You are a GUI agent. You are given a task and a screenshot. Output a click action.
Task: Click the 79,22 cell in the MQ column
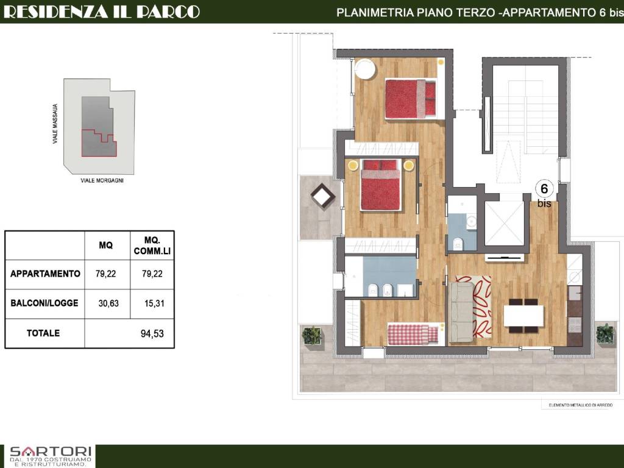[106, 274]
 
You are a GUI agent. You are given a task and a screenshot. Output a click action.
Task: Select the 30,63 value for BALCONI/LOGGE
[108, 303]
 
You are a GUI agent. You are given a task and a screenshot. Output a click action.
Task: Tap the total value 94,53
[152, 333]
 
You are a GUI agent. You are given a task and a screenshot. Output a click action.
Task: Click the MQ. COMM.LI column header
[152, 246]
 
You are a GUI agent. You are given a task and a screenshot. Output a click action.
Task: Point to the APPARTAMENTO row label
[45, 274]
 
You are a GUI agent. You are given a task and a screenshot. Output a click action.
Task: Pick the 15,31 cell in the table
[154, 303]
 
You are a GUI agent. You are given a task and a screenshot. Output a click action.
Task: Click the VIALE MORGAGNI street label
[102, 180]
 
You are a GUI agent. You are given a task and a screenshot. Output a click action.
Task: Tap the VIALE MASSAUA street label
[55, 124]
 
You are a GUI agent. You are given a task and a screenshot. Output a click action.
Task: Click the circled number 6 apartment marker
[544, 188]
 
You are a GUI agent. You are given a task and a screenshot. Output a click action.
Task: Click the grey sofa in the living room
[462, 312]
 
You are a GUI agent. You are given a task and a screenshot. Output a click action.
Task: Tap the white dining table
[523, 316]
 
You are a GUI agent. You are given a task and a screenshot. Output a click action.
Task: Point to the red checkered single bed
[413, 335]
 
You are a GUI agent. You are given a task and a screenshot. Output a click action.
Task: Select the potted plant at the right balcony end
[605, 333]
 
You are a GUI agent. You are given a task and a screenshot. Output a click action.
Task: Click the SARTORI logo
[51, 456]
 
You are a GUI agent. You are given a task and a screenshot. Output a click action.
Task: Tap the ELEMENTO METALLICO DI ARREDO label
[581, 405]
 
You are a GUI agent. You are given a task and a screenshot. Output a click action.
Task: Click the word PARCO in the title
[168, 12]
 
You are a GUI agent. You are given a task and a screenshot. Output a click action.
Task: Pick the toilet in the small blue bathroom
[458, 243]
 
